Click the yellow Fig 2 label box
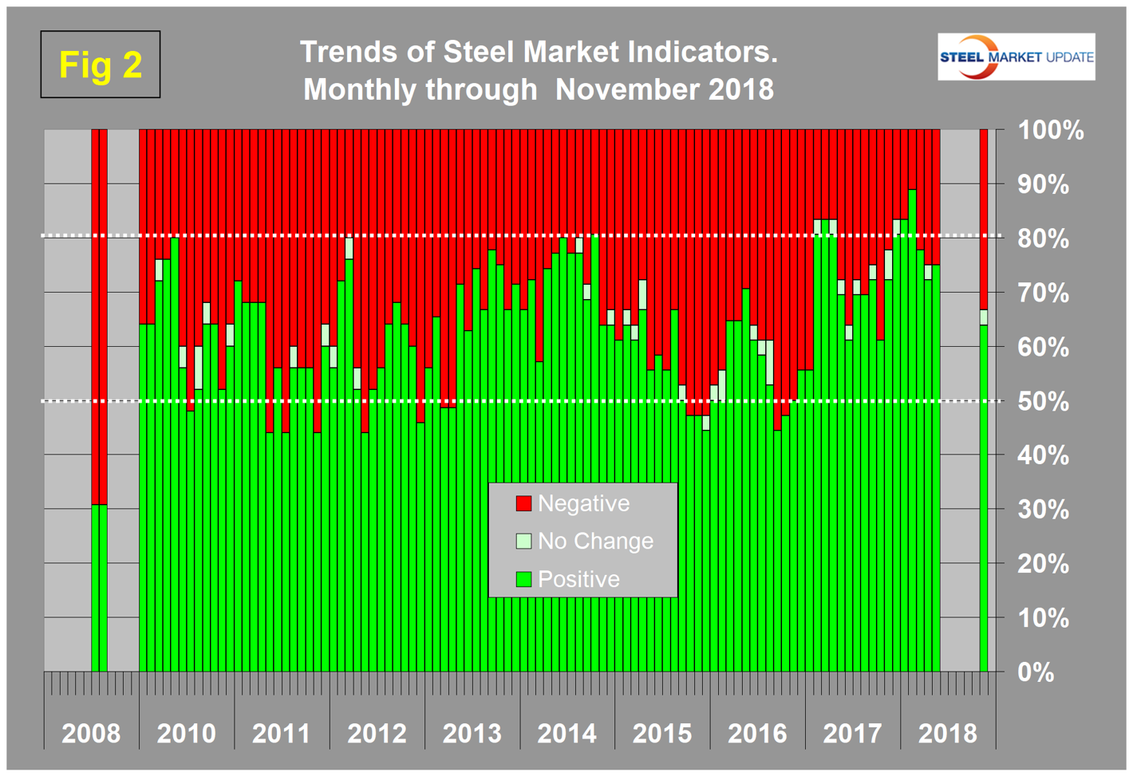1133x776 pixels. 101,65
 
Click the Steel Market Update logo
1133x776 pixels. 1016,57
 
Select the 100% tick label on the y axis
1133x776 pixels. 1050,130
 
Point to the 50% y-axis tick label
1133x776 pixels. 1043,401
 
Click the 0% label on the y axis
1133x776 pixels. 1036,672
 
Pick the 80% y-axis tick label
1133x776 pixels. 1043,238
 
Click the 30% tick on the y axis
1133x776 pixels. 1043,510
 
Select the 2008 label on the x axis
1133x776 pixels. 91,733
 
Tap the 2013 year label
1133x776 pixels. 472,733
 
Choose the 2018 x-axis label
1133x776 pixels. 947,733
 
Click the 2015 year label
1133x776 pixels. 662,733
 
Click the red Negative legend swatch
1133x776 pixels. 523,503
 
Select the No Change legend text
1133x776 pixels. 595,541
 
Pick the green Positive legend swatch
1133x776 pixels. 523,579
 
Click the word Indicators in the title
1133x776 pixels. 702,52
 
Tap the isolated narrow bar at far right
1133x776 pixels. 984,399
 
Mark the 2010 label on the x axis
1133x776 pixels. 186,733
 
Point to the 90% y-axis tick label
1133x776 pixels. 1043,184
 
